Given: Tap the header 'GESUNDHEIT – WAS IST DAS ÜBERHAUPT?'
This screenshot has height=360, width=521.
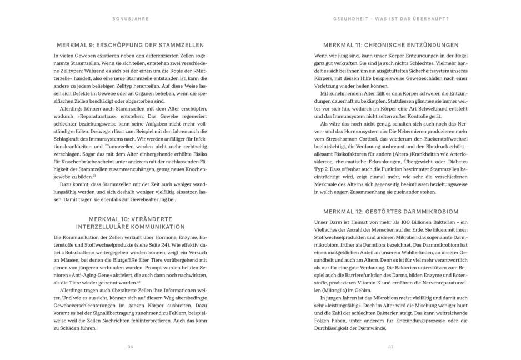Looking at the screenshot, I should tap(390, 19).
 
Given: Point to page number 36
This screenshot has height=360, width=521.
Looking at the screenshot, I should tap(130, 347).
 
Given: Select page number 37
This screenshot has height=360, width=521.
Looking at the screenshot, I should tap(390, 347).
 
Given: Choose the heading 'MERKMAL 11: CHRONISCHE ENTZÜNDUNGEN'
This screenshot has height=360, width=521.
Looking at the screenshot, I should tap(390, 45).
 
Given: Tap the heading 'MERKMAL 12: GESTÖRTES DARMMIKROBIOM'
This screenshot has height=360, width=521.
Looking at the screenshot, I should tap(390, 211).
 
